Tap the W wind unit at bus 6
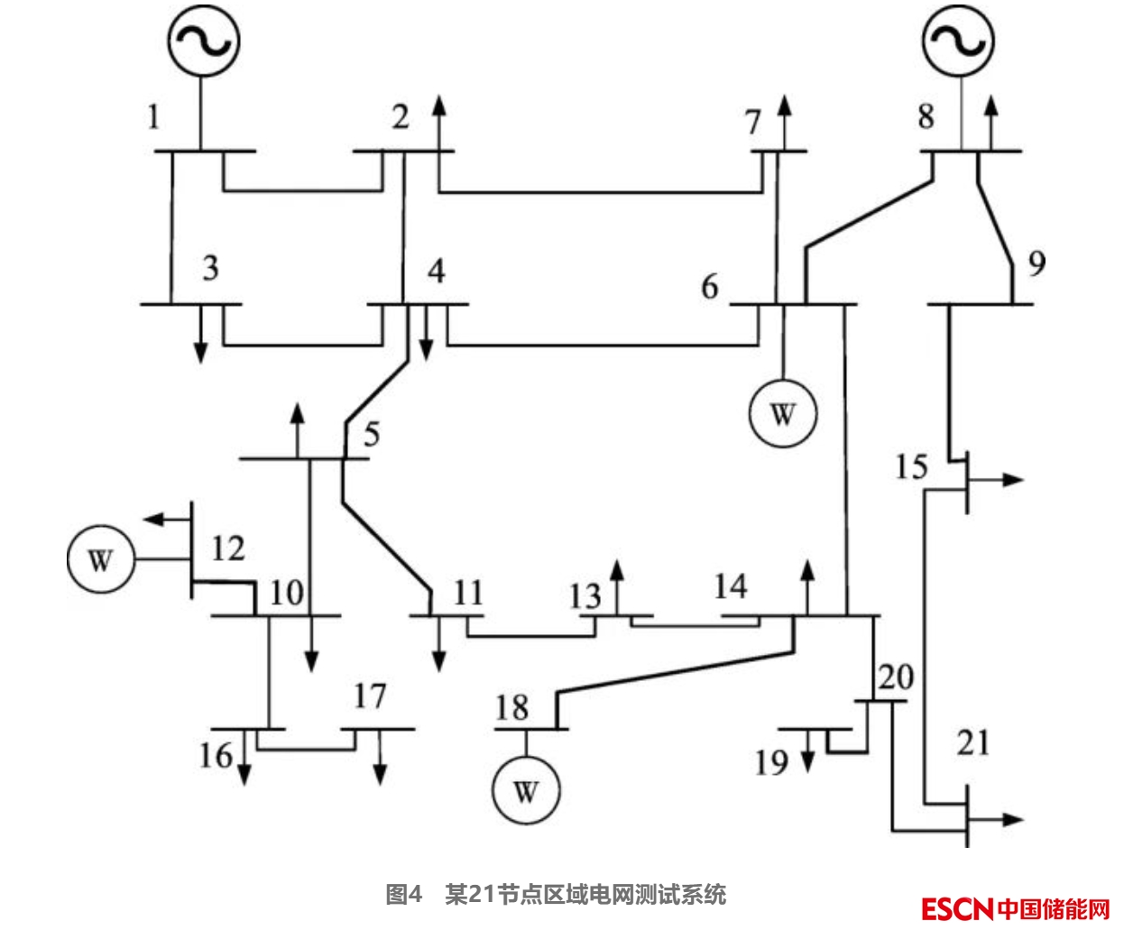click(782, 414)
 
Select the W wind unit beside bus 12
click(100, 560)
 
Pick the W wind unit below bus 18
click(525, 791)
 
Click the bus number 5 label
click(372, 434)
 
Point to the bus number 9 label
click(1036, 262)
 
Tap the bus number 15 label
click(911, 466)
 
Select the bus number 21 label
click(973, 743)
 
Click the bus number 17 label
click(370, 695)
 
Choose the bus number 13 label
click(585, 595)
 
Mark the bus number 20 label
click(896, 677)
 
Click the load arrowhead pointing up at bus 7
click(783, 101)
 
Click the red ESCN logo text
click(956, 908)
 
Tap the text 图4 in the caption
click(403, 895)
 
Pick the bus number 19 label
click(772, 762)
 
